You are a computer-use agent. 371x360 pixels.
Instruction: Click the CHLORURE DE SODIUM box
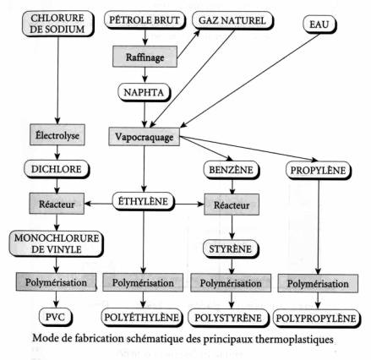pos(57,24)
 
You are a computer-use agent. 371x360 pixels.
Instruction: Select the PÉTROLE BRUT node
pos(145,20)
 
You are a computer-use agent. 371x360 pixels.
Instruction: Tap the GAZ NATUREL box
pos(232,20)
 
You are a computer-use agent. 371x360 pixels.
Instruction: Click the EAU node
pos(319,25)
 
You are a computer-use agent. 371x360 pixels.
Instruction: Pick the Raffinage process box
pos(145,57)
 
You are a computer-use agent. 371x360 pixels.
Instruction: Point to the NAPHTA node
pos(145,92)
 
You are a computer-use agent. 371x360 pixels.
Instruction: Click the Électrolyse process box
pos(57,135)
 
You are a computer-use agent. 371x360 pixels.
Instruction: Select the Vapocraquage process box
pos(145,137)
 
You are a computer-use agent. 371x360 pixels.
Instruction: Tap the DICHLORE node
pos(57,169)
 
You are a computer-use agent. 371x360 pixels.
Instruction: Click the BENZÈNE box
pos(231,170)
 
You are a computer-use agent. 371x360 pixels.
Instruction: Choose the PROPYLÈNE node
pos(319,171)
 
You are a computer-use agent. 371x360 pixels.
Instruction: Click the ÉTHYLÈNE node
pos(144,202)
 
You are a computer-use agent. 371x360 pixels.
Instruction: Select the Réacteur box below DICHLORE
pos(57,204)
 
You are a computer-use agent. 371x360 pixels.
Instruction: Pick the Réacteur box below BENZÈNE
pos(232,205)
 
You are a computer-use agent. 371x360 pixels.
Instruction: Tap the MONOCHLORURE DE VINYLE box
pos(57,243)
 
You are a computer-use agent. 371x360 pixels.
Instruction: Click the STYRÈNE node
pos(231,249)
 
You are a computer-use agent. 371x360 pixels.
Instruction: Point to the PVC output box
pos(56,317)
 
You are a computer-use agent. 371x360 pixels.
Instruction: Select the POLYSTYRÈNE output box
pos(228,318)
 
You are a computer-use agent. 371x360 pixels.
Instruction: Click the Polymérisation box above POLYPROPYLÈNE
pos(318,283)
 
